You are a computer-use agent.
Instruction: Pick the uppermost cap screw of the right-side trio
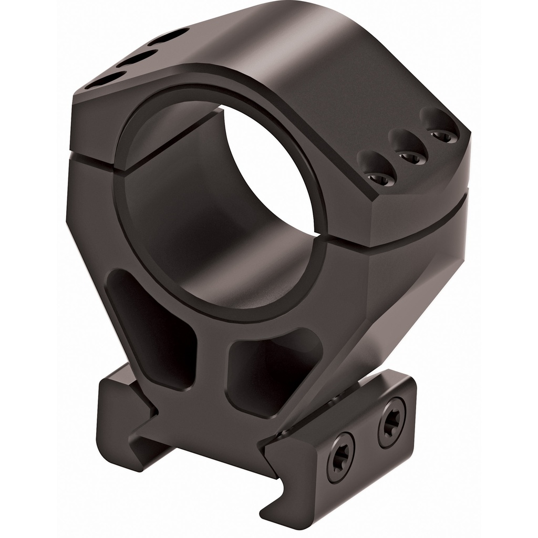point(442,135)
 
